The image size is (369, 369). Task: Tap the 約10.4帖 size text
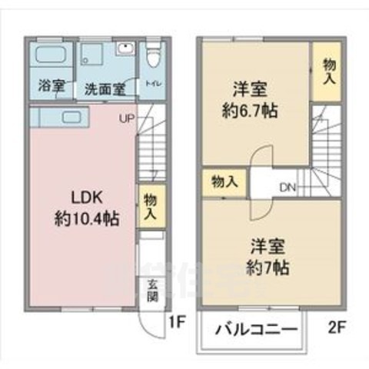85,218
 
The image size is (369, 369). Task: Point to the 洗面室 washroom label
104,88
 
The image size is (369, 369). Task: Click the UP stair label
125,119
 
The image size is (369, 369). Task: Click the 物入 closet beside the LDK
150,205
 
